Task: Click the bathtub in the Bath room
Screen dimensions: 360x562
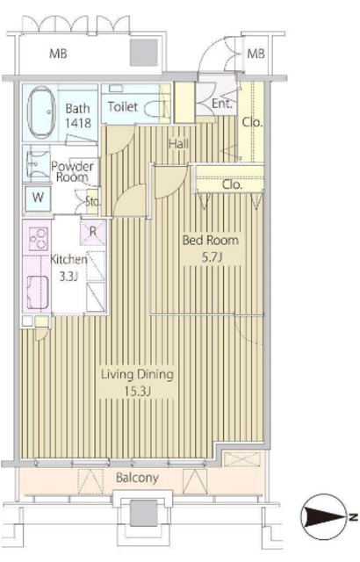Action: [41, 112]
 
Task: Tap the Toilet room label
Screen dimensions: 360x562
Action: [123, 106]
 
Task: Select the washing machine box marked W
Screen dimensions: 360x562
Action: [38, 198]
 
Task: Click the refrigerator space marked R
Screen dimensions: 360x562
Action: [93, 232]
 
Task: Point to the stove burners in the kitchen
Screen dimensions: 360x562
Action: [37, 239]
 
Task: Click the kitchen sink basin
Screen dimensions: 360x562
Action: [37, 292]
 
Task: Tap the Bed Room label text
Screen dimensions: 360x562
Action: [210, 240]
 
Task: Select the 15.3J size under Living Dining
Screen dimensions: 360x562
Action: [137, 392]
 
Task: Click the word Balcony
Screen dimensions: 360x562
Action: [137, 478]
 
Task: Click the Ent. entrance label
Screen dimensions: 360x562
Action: [222, 104]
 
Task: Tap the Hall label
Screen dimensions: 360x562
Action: [178, 144]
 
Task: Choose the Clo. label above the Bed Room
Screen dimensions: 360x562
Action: [232, 184]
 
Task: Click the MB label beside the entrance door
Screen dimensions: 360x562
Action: [256, 54]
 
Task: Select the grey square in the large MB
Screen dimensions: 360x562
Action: [144, 53]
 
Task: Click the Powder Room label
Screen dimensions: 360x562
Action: [72, 172]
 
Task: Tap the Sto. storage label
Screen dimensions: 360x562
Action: [92, 202]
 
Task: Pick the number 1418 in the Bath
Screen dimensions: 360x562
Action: [78, 123]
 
